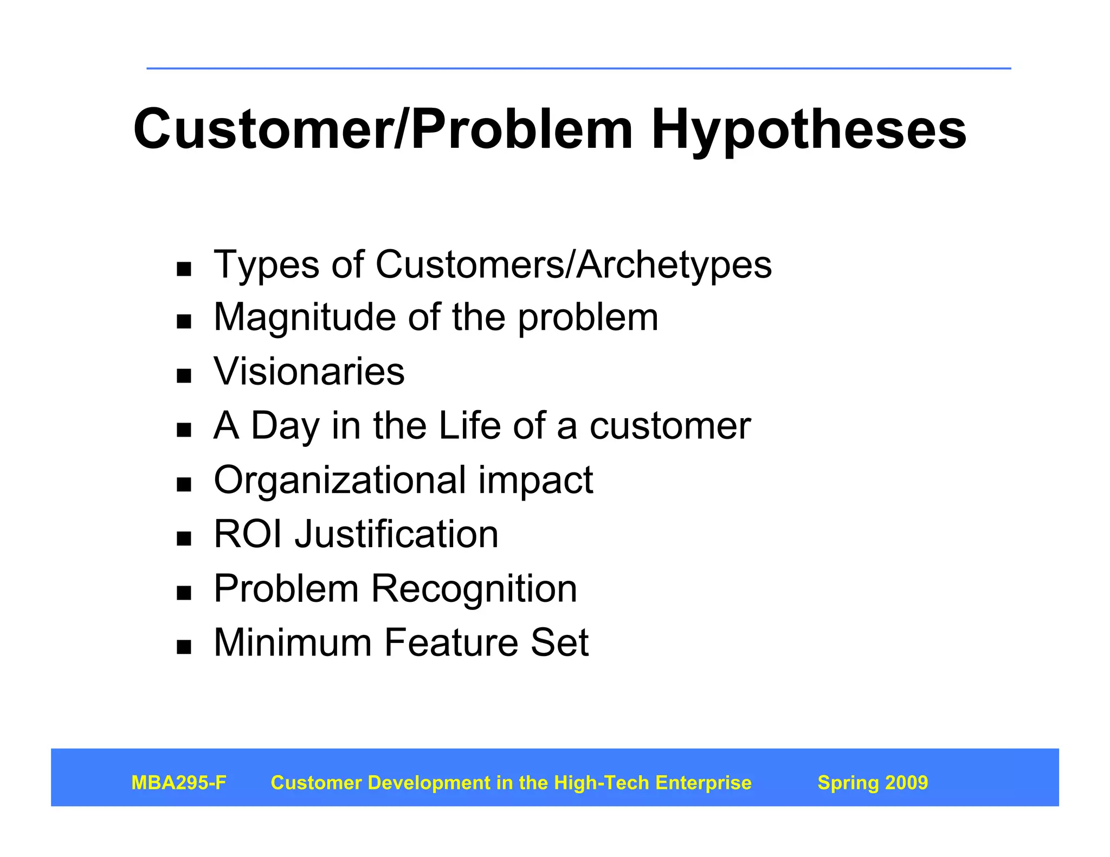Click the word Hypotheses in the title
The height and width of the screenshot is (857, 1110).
[809, 130]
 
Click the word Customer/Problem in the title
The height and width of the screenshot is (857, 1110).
[383, 130]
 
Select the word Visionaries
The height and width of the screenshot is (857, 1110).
[309, 372]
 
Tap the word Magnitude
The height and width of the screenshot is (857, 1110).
[305, 317]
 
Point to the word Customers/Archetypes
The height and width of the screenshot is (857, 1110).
[573, 265]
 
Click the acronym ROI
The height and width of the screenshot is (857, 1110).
[248, 535]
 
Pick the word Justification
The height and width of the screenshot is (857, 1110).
[396, 535]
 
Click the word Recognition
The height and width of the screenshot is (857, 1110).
[474, 589]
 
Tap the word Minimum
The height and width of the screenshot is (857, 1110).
[293, 643]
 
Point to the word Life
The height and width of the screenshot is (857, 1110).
[469, 426]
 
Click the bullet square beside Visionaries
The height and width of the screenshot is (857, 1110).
[184, 376]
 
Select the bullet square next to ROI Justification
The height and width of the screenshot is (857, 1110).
[184, 538]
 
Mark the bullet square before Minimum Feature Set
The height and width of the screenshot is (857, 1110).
[184, 647]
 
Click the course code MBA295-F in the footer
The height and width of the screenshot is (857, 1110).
[179, 783]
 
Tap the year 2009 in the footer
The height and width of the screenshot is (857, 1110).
[906, 783]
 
